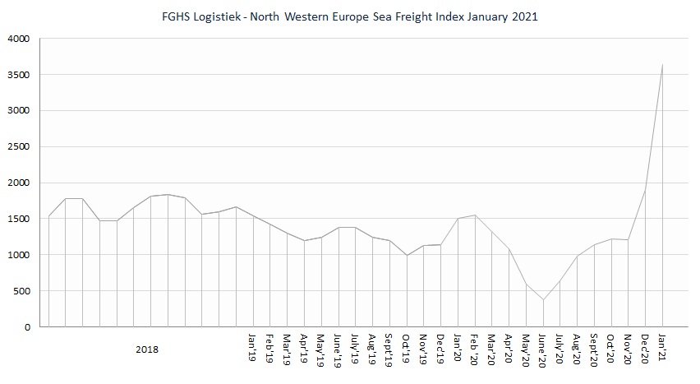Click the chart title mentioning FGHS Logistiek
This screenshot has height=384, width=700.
[x=350, y=16]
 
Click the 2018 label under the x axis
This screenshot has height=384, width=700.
[x=148, y=349]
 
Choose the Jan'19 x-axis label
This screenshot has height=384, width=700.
[x=253, y=346]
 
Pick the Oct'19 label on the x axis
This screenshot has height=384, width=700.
[x=407, y=346]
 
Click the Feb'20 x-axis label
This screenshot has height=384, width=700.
[x=475, y=346]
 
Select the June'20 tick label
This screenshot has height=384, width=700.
[x=543, y=349]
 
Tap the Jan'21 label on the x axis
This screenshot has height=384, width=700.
[x=662, y=346]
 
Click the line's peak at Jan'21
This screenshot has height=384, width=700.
[x=662, y=65]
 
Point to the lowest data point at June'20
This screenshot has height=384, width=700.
[x=543, y=299]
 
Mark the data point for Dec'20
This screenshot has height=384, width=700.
[x=645, y=191]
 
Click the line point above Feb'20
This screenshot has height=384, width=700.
[x=475, y=215]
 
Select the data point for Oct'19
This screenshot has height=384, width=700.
[x=407, y=255]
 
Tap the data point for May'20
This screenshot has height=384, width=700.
[x=526, y=285]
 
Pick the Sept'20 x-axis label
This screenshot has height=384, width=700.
[x=594, y=349]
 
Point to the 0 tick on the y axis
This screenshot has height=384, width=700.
[x=27, y=326]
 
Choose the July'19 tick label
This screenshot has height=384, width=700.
[x=355, y=349]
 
